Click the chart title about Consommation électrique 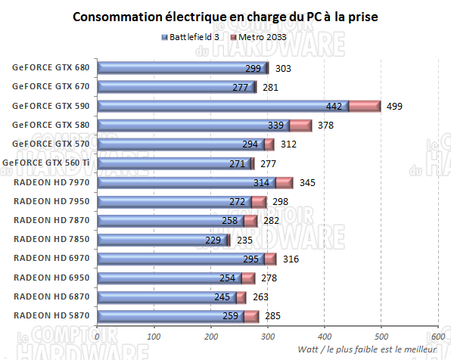pos(225,16)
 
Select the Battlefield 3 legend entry pos(193,36)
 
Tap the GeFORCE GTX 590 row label pos(51,105)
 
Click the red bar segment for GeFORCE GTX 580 pos(300,125)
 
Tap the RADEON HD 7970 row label pos(51,182)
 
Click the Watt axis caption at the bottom pos(367,349)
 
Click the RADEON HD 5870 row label pos(51,316)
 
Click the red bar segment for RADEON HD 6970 pos(270,259)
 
